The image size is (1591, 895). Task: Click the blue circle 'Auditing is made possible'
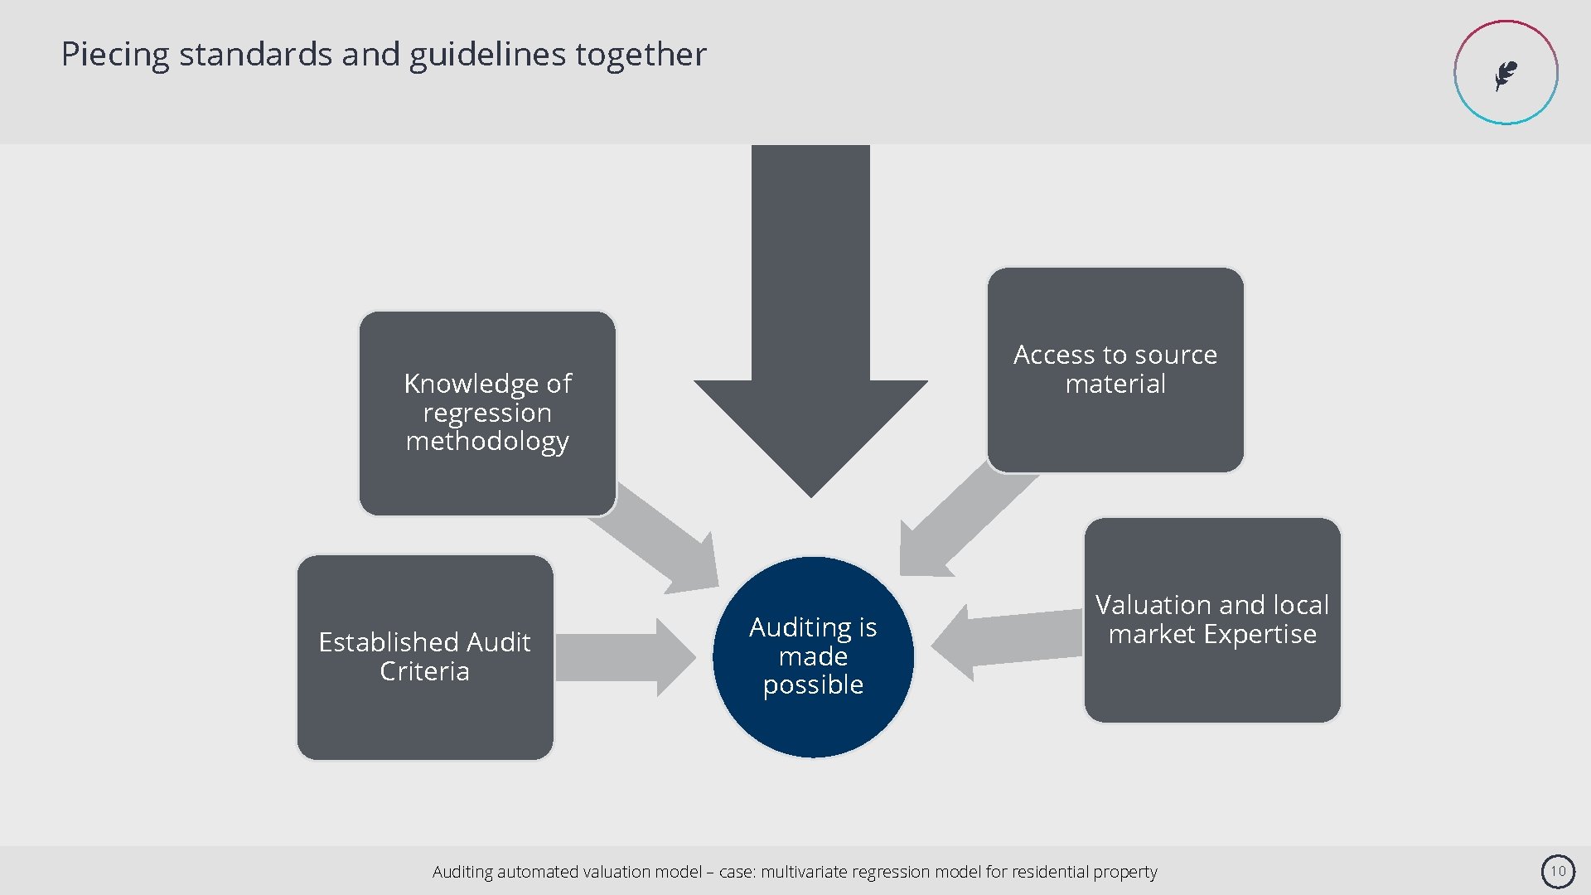pos(813,656)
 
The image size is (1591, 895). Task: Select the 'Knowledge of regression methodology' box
pos(487,413)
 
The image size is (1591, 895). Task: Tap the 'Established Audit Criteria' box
pos(425,657)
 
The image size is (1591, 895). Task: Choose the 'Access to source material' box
pos(1115,370)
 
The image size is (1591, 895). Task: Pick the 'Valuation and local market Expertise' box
pos(1212,620)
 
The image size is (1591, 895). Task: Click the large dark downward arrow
pos(810,331)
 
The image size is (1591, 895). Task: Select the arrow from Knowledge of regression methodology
pos(663,539)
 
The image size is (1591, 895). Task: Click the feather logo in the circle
pos(1506,74)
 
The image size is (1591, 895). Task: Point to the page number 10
pos(1558,871)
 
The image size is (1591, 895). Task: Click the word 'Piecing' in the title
pos(115,55)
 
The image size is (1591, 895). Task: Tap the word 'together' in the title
pos(641,55)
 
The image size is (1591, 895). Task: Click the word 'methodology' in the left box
pos(487,442)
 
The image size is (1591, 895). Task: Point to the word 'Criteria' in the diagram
pos(424,671)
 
